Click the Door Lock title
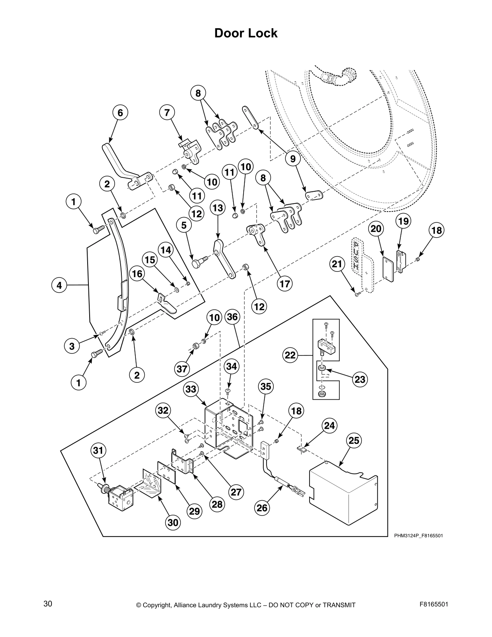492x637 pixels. click(246, 33)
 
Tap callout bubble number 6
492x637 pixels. click(120, 113)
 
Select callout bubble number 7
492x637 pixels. click(167, 113)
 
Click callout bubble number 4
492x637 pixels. click(59, 286)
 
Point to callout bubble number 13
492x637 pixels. click(217, 208)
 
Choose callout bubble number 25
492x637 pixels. click(353, 441)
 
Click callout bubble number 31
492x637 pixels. click(98, 450)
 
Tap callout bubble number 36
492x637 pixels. click(232, 317)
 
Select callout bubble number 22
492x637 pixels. click(290, 355)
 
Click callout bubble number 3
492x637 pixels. click(72, 346)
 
